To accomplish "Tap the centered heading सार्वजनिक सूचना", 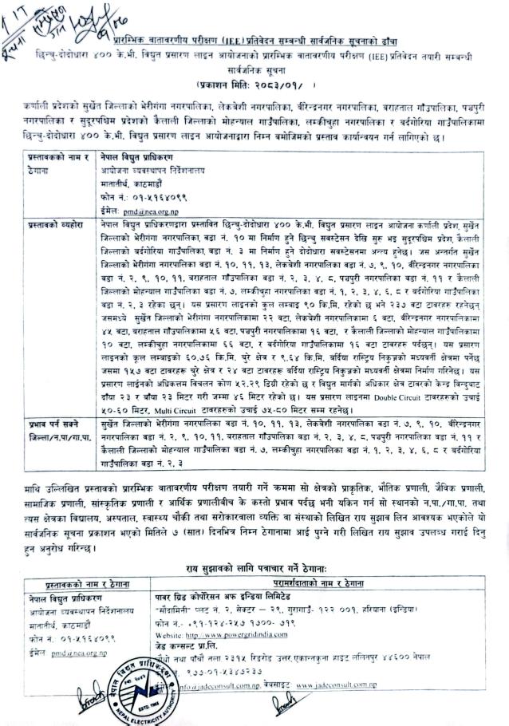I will click(x=254, y=69).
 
